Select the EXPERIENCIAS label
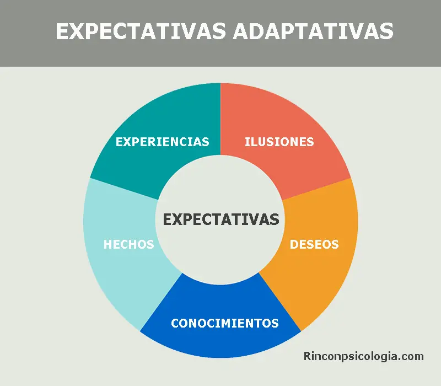click(162, 142)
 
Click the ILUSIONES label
click(279, 142)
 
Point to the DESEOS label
click(314, 244)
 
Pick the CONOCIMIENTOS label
click(224, 323)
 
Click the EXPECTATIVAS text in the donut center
click(221, 219)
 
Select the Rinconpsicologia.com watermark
click(364, 357)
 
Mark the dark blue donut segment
click(220, 342)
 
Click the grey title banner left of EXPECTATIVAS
click(28, 31)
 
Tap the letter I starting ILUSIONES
click(246, 142)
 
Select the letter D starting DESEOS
click(294, 244)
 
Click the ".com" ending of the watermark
click(413, 357)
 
